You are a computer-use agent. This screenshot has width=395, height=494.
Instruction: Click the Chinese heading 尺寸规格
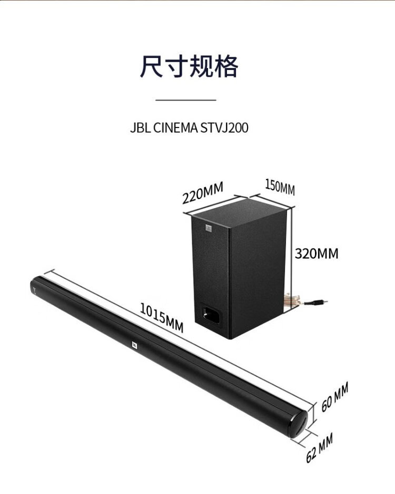tap(189, 66)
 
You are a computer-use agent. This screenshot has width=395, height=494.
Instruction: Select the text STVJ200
tap(224, 128)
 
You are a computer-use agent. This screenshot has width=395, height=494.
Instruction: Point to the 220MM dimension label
tap(203, 192)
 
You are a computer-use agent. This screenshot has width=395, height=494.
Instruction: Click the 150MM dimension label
tap(280, 187)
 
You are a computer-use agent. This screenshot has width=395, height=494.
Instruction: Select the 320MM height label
tap(317, 253)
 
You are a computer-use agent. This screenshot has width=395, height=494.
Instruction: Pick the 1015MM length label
tap(161, 318)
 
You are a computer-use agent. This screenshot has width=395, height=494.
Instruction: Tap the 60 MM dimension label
tap(334, 397)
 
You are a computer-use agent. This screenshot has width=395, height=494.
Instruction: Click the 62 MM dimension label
tap(319, 447)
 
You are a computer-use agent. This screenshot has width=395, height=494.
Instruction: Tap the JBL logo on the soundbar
tap(134, 344)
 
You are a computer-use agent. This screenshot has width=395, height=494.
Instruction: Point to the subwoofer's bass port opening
tap(211, 315)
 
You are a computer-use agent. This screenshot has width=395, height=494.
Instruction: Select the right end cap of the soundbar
tap(299, 424)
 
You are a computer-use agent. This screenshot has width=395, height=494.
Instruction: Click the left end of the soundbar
tap(34, 286)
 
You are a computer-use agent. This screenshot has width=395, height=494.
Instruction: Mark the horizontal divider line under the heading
tap(186, 100)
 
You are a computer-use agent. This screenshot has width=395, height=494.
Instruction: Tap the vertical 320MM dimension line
tap(292, 261)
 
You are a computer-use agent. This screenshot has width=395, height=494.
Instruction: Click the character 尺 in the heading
tap(152, 66)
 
